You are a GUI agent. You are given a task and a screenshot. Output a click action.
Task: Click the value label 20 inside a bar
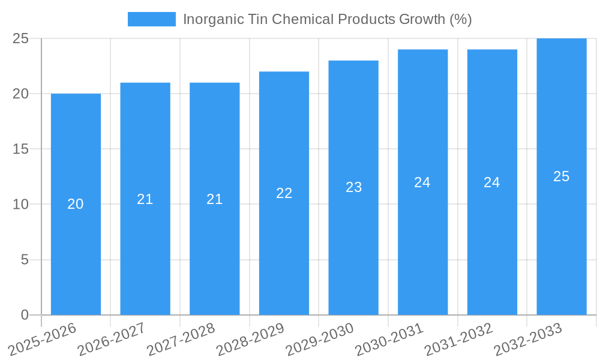point(76,204)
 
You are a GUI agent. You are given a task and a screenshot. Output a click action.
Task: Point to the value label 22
point(284,193)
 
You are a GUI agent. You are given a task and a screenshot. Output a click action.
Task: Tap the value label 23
point(353,187)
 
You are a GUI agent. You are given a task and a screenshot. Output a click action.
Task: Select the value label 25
point(562,176)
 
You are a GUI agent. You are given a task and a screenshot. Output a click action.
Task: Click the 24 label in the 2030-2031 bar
point(422,182)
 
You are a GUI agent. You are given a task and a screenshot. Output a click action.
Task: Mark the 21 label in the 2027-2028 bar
point(215,199)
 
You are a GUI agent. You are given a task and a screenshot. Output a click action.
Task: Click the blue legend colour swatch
point(152,19)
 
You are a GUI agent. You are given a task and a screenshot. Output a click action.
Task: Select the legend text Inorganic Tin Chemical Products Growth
point(327,19)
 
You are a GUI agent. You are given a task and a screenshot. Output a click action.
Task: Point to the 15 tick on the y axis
point(20,149)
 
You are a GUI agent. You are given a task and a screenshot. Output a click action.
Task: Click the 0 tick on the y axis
point(25,315)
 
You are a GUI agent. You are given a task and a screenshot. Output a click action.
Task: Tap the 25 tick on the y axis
point(20,38)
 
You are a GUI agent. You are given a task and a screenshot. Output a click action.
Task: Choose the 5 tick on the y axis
point(25,260)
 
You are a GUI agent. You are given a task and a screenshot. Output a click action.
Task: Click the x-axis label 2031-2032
point(460,339)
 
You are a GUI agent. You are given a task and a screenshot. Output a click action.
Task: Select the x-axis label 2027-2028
point(182,339)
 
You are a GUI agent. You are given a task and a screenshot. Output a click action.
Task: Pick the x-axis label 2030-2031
point(390,339)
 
